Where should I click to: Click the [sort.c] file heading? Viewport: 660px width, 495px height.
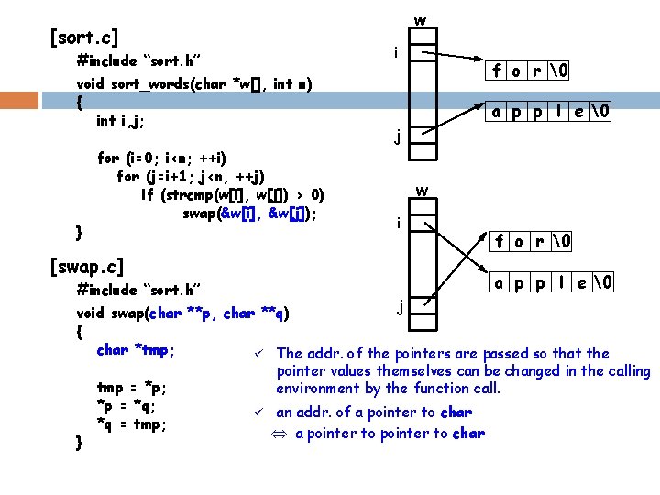coord(84,38)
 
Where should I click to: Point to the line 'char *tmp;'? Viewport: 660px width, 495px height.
coord(136,349)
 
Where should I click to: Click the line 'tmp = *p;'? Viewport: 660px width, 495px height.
coord(130,389)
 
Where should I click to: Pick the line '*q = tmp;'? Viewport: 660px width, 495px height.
coord(130,424)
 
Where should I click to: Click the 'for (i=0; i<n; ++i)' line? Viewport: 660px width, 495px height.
coord(161,158)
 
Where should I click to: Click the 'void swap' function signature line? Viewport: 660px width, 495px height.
coord(183,313)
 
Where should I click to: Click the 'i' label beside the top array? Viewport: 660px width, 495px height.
coord(395,53)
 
